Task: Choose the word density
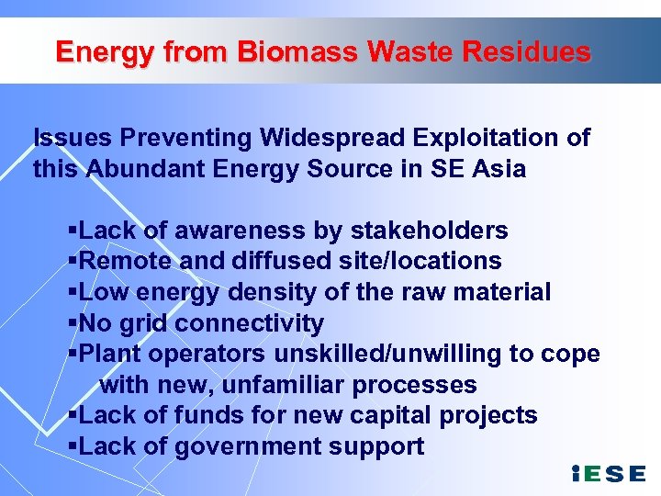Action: [x=265, y=292]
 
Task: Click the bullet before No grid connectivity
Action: [x=73, y=323]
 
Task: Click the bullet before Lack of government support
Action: [x=73, y=446]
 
